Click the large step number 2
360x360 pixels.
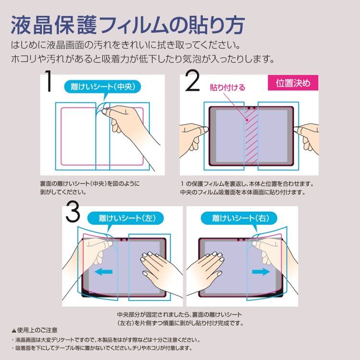point(192,82)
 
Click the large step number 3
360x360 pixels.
point(72,213)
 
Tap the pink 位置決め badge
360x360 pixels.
point(293,83)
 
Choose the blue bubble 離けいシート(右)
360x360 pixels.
point(242,218)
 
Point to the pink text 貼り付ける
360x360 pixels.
point(228,87)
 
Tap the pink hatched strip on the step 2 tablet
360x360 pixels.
point(252,137)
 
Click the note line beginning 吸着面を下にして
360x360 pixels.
point(103,348)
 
